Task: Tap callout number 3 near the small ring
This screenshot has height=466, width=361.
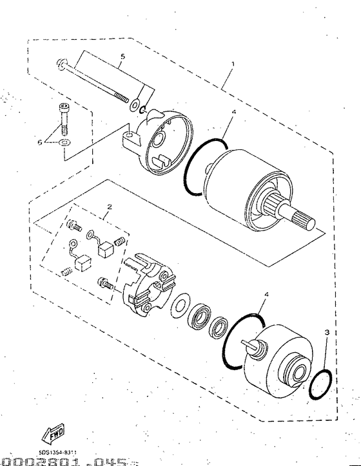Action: tap(327, 332)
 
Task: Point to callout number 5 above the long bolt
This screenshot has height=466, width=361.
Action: tap(122, 56)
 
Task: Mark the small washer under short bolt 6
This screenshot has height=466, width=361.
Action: tap(65, 142)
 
